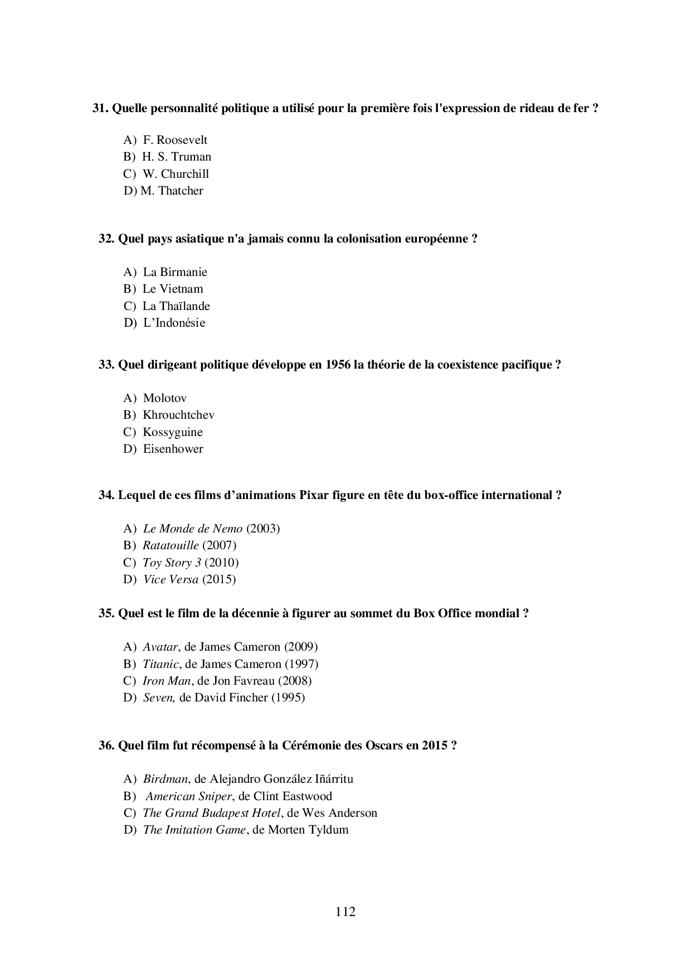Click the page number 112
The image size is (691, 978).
[x=345, y=912]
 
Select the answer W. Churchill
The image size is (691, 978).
[x=176, y=174]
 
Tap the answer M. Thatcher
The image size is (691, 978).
[x=172, y=191]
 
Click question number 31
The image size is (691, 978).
[x=100, y=108]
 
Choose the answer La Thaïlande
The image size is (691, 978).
[x=176, y=306]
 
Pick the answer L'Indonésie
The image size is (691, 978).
[x=174, y=323]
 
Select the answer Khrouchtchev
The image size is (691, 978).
[x=178, y=415]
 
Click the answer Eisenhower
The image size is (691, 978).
[x=173, y=449]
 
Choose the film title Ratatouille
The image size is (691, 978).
[x=171, y=545]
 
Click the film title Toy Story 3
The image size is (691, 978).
[x=172, y=563]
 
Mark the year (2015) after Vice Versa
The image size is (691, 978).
[x=219, y=579]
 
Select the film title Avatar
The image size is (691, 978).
[x=160, y=647]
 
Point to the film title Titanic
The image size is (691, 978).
[x=160, y=664]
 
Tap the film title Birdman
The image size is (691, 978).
[x=165, y=779]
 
